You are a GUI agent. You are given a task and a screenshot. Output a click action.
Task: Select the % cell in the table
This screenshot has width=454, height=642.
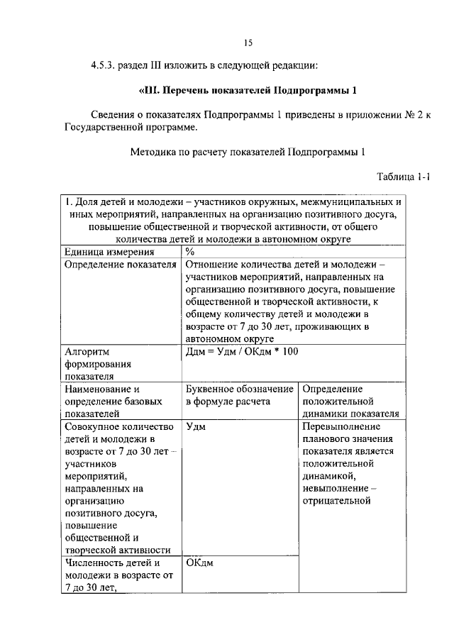click(x=190, y=251)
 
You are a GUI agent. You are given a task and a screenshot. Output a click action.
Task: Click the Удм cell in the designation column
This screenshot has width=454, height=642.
click(x=197, y=427)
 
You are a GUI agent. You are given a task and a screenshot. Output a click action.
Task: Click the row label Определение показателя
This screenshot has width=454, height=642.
click(x=120, y=265)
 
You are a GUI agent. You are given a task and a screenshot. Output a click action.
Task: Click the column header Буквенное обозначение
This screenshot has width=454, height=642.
click(x=240, y=389)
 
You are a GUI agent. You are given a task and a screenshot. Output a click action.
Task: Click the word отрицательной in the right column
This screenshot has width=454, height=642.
click(x=337, y=501)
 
